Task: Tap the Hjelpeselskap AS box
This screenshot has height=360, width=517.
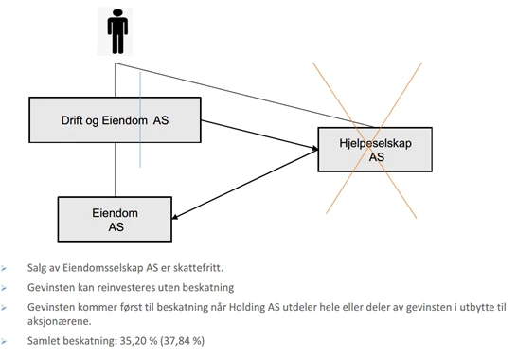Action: (365, 148)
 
